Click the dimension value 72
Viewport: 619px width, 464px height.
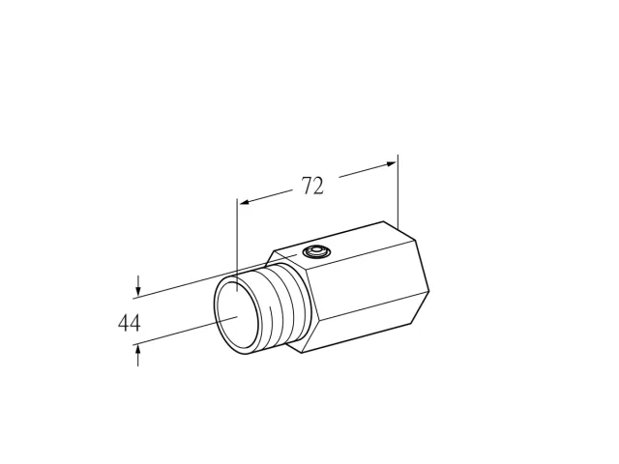(x=312, y=186)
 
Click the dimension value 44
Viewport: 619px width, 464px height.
(x=129, y=323)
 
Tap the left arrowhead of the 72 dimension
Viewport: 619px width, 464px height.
(x=245, y=202)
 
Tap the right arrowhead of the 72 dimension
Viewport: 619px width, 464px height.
(x=391, y=163)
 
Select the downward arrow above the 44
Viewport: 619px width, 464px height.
(x=137, y=286)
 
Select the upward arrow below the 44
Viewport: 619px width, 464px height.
(x=137, y=355)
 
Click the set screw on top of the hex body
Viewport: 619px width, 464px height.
(x=316, y=251)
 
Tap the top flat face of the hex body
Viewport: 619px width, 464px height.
(x=344, y=246)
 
